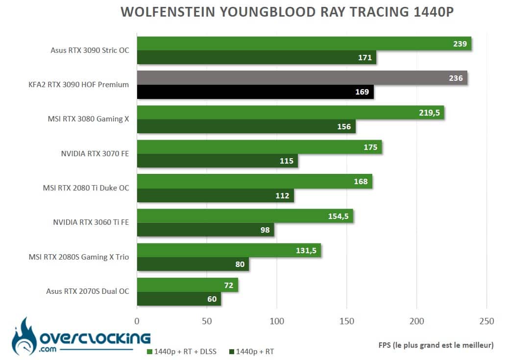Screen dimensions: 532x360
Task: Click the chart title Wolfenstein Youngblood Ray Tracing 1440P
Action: (x=287, y=12)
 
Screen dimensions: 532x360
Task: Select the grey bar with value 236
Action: (x=302, y=78)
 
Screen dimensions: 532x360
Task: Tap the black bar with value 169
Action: (x=255, y=92)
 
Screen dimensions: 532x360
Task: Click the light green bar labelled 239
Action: (x=304, y=44)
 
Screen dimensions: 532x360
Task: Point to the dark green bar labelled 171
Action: (x=257, y=57)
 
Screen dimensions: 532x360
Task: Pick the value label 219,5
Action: (x=429, y=113)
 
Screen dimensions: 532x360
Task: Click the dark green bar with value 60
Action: (x=179, y=299)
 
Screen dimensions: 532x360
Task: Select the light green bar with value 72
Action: (x=187, y=285)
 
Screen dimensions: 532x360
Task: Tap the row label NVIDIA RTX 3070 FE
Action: (x=95, y=154)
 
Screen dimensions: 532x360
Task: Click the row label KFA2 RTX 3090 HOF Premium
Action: (x=79, y=84)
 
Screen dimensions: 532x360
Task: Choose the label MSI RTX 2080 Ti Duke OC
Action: (x=86, y=188)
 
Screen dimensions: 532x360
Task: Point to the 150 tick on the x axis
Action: (x=347, y=321)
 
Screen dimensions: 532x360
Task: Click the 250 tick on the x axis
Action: (x=486, y=321)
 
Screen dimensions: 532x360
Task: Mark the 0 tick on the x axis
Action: (x=137, y=321)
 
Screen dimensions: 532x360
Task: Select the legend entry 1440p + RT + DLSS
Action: (x=182, y=352)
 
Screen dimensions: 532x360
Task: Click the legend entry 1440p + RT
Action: (x=251, y=352)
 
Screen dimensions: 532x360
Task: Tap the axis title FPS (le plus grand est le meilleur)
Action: (x=436, y=345)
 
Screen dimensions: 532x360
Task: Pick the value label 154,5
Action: (x=339, y=216)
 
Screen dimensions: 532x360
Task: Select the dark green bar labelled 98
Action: (x=205, y=230)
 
